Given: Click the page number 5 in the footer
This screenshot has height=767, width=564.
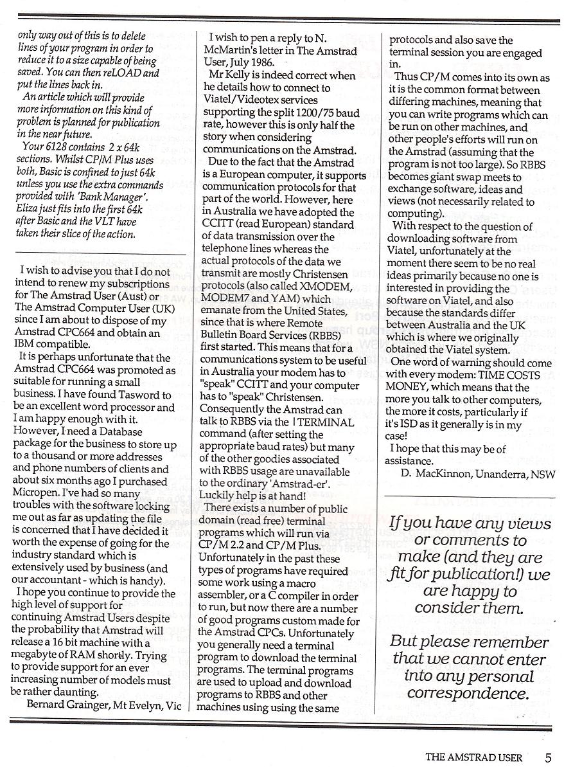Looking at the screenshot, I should (x=548, y=757).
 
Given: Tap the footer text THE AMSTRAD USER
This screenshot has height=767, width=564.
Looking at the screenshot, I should (x=480, y=757).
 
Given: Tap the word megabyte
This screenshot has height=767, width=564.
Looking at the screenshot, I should (x=37, y=656).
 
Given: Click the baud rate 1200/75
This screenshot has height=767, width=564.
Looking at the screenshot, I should (x=308, y=113).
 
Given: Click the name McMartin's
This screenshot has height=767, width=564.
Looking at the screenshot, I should (x=229, y=51).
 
